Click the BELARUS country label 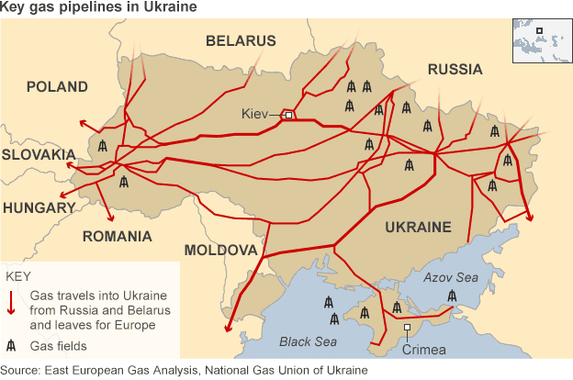click(241, 41)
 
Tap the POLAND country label click(57, 87)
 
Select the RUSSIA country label click(455, 70)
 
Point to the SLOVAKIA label click(38, 155)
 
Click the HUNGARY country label click(39, 208)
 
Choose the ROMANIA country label click(117, 237)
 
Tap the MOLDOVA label click(220, 251)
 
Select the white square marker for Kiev click(288, 115)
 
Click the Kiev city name click(253, 114)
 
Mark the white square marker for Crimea click(407, 328)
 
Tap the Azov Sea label click(450, 275)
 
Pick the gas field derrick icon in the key click(12, 346)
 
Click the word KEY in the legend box click(18, 276)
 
